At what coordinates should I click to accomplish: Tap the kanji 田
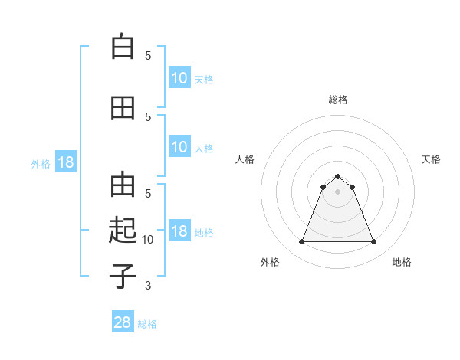coord(123,108)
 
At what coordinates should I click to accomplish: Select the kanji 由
coord(123,185)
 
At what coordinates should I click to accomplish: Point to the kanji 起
coord(123,230)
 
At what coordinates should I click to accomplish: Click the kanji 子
coord(123,275)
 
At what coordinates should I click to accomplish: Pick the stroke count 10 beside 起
coord(149,240)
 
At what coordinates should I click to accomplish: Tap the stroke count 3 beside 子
coord(148,286)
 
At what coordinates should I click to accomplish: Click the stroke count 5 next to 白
coord(148,56)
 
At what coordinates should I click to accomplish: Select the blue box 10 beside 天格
coord(179,78)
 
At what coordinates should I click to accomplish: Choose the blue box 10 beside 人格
coord(179,147)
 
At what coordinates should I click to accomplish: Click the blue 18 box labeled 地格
coord(179,231)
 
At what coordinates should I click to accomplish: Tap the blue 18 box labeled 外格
coord(65,162)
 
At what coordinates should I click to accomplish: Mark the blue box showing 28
coord(123,322)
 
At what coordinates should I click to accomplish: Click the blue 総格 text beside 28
coord(147,324)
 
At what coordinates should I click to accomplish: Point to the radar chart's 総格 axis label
coord(338,100)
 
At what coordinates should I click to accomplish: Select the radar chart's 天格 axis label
coord(432,159)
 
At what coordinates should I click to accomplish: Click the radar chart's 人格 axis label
coord(245,159)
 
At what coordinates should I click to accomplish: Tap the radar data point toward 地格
coord(374,242)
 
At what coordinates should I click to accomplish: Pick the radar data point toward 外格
coord(301,242)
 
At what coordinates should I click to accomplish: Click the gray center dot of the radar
coord(338,191)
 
